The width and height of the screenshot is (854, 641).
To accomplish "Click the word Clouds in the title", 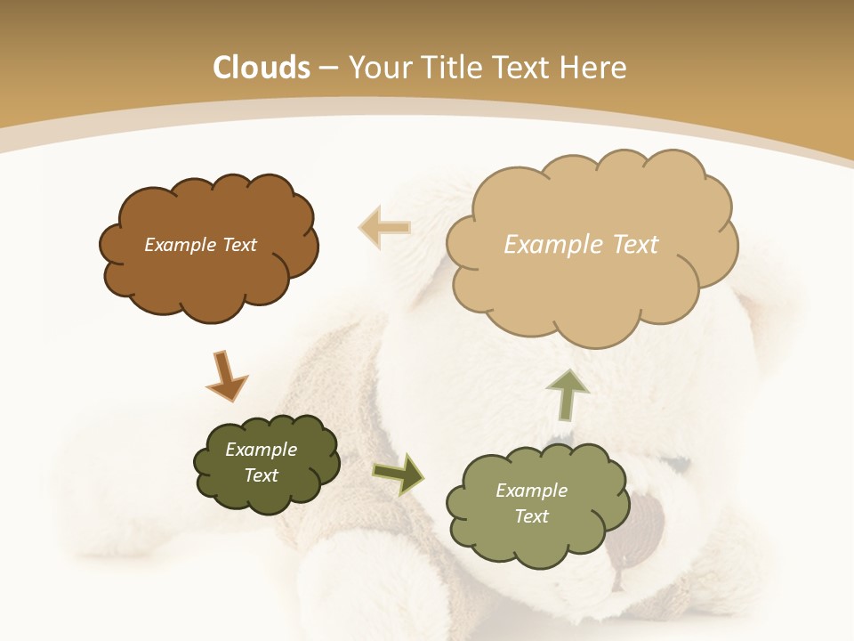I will pos(262,68).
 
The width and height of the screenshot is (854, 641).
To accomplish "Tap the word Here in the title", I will pos(592,68).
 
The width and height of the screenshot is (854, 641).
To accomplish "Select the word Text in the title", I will pos(522,68).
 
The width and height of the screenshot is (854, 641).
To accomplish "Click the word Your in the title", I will pos(382,68).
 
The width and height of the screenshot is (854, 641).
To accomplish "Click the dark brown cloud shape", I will pos(209,280).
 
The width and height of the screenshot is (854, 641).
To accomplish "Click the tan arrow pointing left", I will pos(384,228).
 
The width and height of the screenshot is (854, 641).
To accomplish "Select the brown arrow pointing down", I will pos(226,376).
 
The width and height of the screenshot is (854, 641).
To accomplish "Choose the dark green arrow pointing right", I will pos(399,474).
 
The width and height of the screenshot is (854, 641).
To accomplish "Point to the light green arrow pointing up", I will pos(568,394).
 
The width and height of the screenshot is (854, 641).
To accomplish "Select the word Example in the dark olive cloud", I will pos(261,450).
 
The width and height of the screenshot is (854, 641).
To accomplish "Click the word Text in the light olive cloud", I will pos(531,516).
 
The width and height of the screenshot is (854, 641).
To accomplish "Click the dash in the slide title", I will pos(327,68).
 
